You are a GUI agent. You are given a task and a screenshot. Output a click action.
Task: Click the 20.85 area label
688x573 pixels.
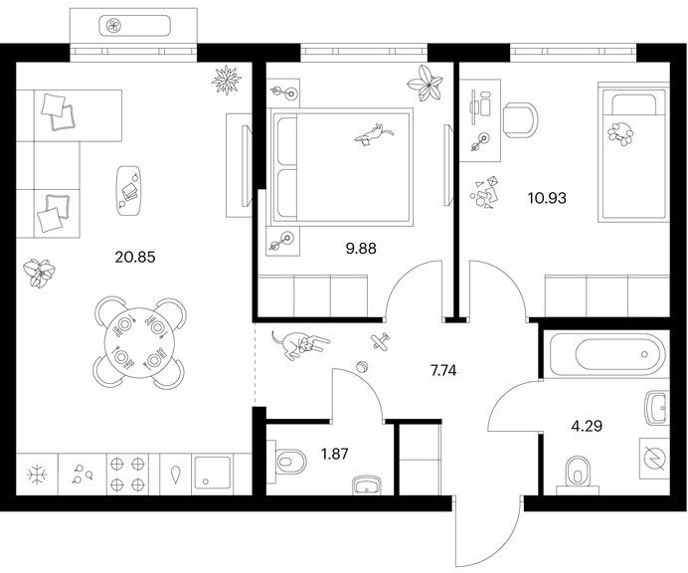tap(135, 257)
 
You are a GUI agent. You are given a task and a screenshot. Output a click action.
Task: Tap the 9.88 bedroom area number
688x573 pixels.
tap(361, 249)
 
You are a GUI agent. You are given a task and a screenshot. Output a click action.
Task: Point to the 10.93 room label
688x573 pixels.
tap(547, 198)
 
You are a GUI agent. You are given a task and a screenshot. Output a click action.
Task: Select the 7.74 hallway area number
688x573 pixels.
tap(443, 371)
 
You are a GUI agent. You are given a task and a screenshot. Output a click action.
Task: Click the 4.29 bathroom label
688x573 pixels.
tap(587, 426)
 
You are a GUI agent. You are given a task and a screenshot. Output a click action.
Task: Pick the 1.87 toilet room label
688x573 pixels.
tap(335, 454)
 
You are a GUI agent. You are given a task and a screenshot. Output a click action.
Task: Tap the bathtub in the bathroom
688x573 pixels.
tap(606, 355)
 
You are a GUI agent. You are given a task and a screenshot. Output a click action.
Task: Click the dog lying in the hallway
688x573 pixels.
tap(300, 344)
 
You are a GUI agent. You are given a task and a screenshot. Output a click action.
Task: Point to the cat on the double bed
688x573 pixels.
tap(374, 134)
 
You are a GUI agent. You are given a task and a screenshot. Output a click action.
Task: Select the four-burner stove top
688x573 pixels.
tap(127, 474)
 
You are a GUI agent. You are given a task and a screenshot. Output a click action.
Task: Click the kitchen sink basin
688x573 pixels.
tap(213, 474)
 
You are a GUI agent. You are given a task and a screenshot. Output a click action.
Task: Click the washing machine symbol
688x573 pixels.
tap(654, 459)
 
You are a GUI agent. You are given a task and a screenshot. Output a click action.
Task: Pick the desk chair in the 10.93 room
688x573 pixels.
tap(520, 119)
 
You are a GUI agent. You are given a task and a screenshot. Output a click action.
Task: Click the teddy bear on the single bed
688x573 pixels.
tap(620, 133)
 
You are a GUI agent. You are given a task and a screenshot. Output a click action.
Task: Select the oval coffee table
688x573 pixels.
tap(128, 191)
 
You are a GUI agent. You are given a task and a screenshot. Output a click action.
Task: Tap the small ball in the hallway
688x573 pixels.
tap(363, 366)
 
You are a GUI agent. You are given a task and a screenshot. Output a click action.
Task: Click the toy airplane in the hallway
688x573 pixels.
tap(380, 341)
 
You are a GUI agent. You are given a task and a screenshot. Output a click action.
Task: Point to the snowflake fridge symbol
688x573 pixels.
tap(38, 475)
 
